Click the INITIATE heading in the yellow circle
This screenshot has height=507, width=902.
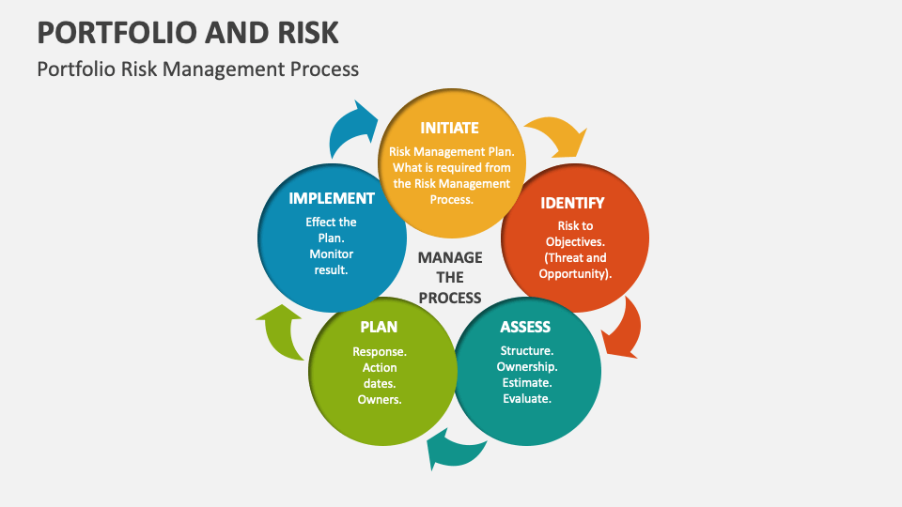pos(449,128)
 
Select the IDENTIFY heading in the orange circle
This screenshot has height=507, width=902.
pos(572,203)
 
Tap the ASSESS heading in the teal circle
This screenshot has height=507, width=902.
pos(525,327)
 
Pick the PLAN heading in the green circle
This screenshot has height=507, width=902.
pos(379,327)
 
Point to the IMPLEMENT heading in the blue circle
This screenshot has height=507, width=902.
pos(332,198)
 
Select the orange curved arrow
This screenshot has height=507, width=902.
pos(622,328)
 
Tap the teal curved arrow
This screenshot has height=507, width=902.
pos(454,450)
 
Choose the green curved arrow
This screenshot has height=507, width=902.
pos(280,331)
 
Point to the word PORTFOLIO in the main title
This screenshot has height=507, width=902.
pos(105,31)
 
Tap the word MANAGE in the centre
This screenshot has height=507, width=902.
pos(450,257)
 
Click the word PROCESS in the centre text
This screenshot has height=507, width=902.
pos(450,298)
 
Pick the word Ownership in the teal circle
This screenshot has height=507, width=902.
pos(527,367)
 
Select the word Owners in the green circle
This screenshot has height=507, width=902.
pos(379,400)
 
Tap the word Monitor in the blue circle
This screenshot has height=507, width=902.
pos(331,254)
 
